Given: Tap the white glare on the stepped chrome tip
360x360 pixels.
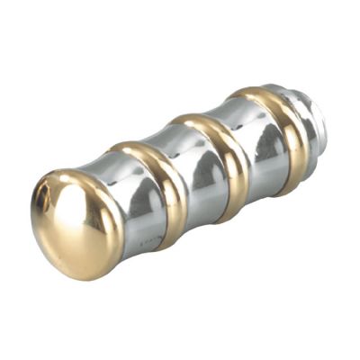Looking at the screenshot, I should pos(306,94).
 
